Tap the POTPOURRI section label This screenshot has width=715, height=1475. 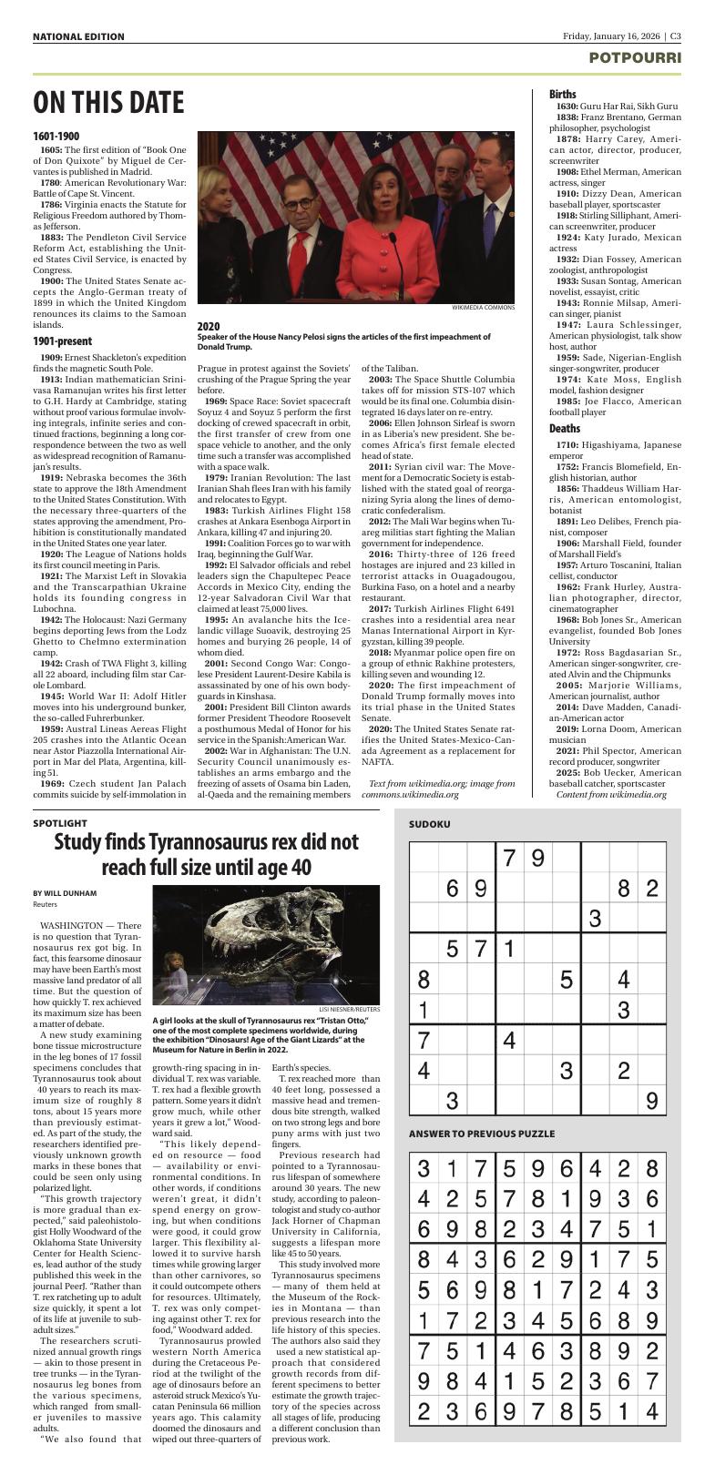point(634,57)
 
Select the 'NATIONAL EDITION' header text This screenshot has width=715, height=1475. point(78,36)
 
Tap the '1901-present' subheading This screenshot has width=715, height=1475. point(61,341)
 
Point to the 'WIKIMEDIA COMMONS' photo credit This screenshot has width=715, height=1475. point(483,308)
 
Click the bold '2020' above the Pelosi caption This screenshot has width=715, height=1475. point(209,325)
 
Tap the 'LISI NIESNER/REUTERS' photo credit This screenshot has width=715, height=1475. point(349,1009)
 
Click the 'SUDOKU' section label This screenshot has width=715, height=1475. point(429,824)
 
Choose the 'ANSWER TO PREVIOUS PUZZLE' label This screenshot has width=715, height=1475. point(481,1134)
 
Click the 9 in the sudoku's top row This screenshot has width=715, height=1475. point(537,858)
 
